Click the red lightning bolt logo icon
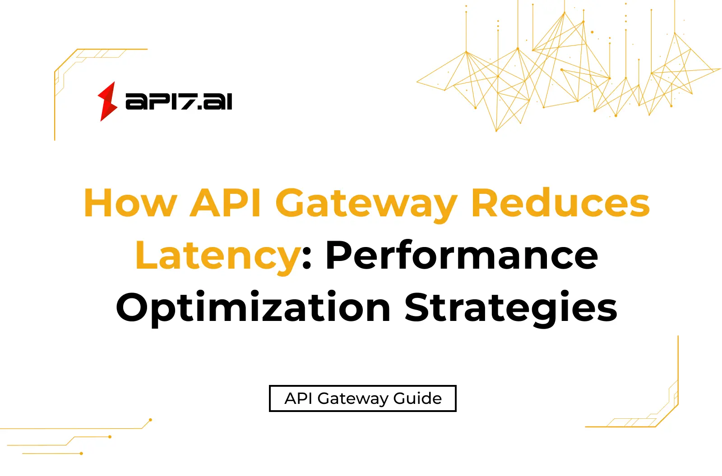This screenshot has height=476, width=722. coord(107,101)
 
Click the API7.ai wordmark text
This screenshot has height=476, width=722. coord(179,101)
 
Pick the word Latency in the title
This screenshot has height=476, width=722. coord(218,256)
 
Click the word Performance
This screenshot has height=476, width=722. coord(462,256)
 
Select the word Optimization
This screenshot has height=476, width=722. coord(253,308)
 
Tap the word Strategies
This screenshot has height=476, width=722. coord(511,308)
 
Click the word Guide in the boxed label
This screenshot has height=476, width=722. coord(417,398)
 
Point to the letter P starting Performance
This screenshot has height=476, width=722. coord(339,255)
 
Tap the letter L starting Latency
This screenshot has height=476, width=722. coord(145,255)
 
